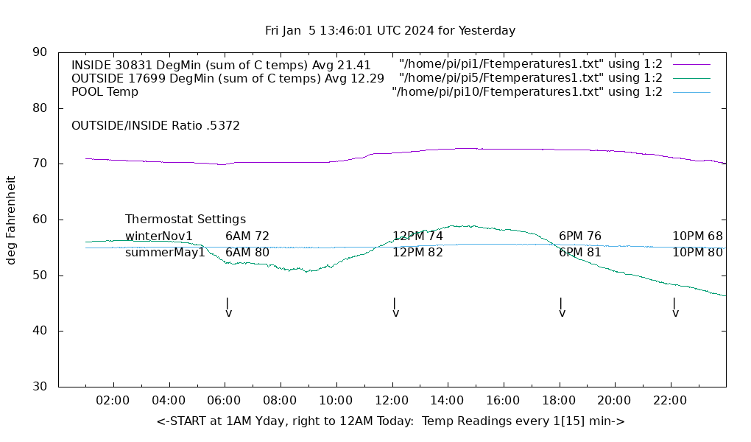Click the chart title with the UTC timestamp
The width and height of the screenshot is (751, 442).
(390, 31)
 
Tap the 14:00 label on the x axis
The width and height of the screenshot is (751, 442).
(447, 401)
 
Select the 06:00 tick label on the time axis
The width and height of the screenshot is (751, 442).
(225, 401)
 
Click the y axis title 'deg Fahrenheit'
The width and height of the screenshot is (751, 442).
(11, 220)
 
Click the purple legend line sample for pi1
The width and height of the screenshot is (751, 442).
(691, 65)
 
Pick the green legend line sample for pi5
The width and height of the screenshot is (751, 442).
(691, 78)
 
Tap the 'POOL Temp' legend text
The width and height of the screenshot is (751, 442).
(105, 92)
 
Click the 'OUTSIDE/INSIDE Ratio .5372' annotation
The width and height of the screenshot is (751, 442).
(155, 126)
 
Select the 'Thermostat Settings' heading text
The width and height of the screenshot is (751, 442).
(186, 220)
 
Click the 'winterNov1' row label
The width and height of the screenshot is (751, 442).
(159, 236)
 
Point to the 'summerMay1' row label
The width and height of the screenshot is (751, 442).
(165, 253)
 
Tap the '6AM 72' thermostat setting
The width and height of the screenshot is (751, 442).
(247, 236)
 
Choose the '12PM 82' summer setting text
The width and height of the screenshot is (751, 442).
(417, 253)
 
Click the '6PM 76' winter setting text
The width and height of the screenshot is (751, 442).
(580, 236)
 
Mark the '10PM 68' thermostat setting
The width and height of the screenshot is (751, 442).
(697, 236)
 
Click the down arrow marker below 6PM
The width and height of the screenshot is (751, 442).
(562, 307)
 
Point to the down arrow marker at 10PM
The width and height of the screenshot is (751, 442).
(675, 307)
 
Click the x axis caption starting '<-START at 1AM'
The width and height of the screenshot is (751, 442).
(390, 421)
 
